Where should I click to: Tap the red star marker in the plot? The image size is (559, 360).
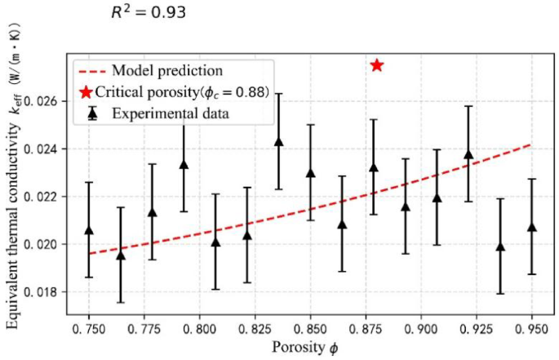click(377, 65)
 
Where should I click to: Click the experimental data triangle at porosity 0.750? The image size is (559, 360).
click(89, 231)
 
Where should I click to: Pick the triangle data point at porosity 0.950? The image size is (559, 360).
click(531, 227)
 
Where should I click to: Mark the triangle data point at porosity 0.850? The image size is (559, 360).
click(310, 173)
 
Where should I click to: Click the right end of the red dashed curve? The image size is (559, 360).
click(531, 145)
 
